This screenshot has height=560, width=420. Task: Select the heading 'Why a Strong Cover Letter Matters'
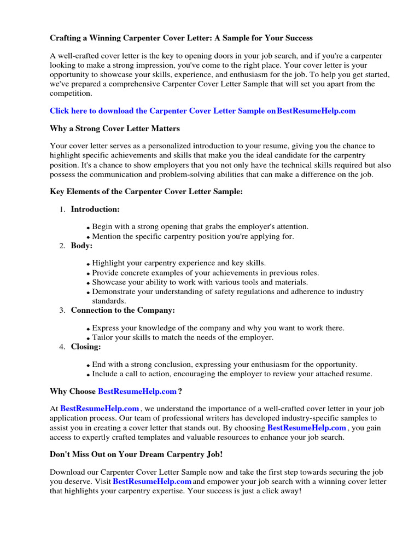pos(114,129)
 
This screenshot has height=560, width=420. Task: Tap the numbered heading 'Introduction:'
pos(95,209)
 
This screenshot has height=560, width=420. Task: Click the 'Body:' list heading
pos(81,246)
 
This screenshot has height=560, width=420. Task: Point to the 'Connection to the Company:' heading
pos(122,310)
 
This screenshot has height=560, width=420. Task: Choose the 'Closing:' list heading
pos(86,346)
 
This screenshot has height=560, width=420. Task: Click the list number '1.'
pos(62,209)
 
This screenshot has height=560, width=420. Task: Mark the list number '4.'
pos(62,346)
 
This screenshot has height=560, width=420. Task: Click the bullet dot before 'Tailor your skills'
pos(88,339)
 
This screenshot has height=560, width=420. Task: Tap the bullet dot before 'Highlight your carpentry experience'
pos(88,264)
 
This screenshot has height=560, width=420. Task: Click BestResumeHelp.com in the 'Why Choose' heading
pos(137,392)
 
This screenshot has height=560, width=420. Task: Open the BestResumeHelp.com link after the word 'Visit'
pos(152,482)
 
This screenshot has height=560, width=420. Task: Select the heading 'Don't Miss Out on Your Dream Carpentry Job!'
pos(136,455)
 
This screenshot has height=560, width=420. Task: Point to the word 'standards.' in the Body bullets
pos(109,301)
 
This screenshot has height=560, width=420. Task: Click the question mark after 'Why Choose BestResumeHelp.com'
pos(180,392)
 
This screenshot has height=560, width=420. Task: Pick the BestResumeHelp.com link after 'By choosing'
pos(306,428)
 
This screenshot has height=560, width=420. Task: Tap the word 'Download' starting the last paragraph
pos(68,472)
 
